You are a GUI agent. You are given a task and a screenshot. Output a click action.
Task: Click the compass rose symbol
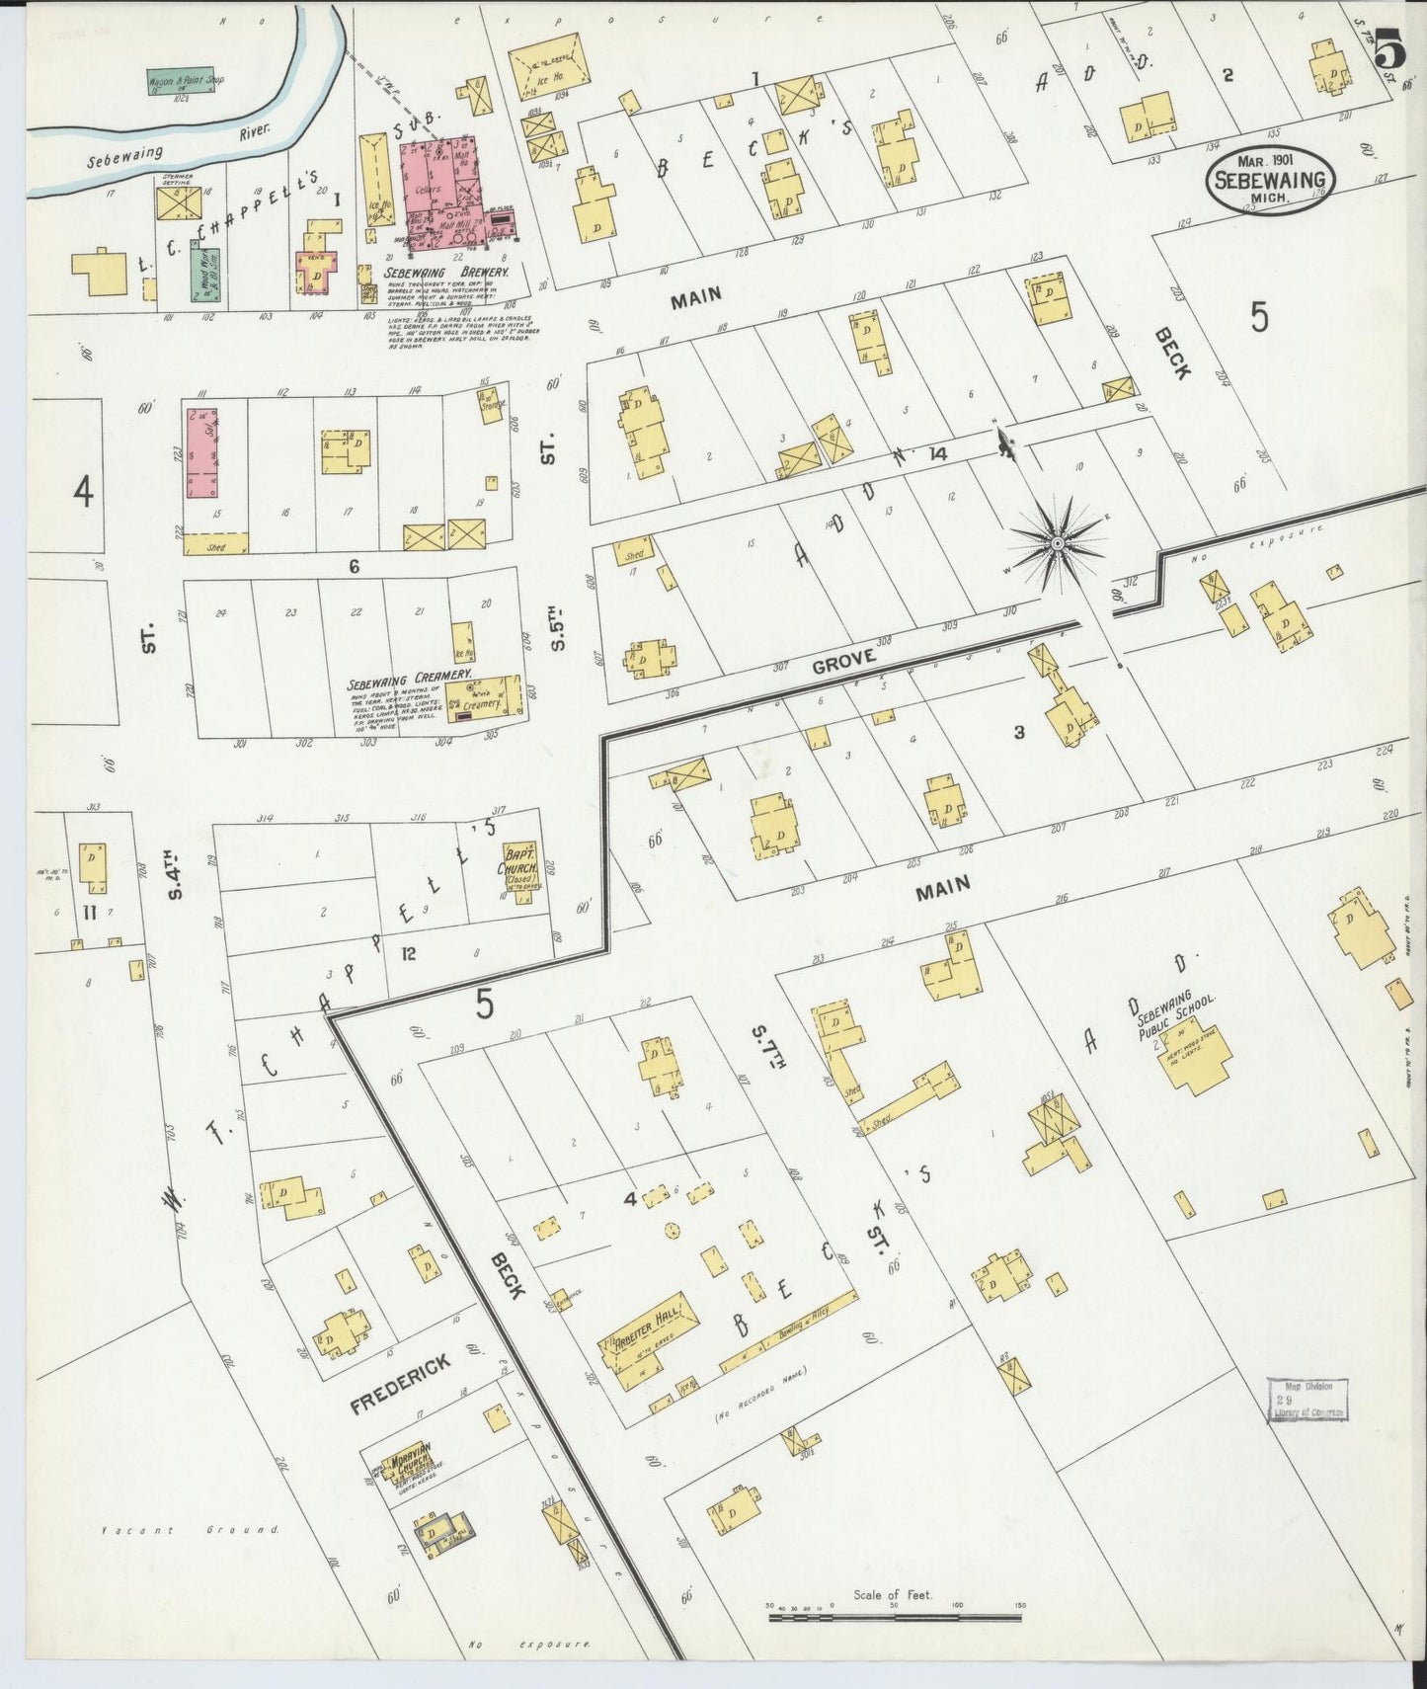click(x=1057, y=543)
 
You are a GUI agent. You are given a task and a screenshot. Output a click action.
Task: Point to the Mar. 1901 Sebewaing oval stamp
click(x=1270, y=179)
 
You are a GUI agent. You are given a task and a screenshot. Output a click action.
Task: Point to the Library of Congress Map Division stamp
click(x=1308, y=1401)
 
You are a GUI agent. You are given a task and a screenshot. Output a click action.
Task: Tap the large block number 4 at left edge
click(x=84, y=490)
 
